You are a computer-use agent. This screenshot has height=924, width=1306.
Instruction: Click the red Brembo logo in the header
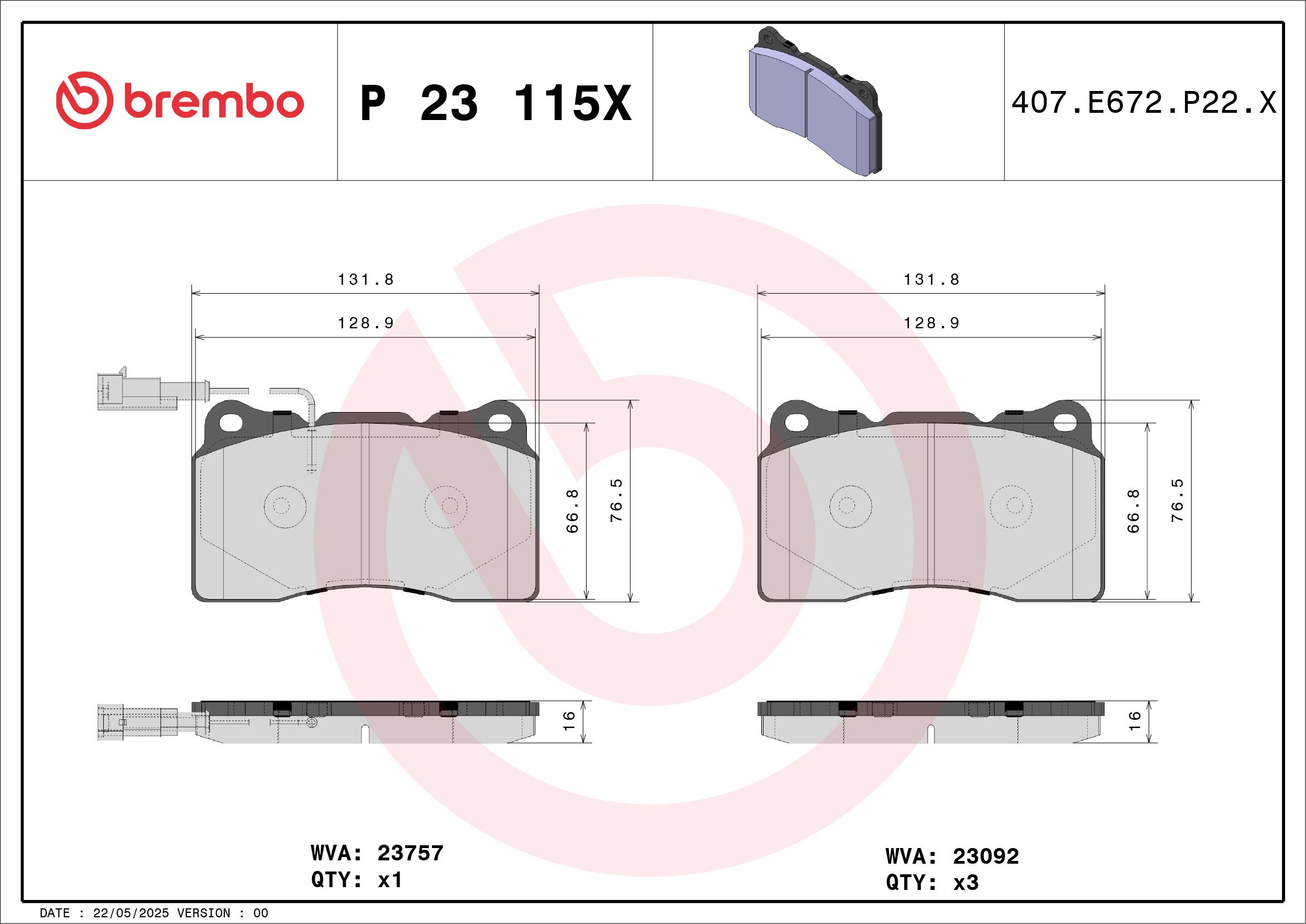coord(180,100)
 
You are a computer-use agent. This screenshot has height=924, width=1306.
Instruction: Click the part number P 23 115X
coord(496,103)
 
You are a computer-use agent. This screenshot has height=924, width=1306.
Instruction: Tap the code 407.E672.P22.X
coord(1144,103)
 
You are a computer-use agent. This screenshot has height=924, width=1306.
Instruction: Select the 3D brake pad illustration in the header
coord(814,100)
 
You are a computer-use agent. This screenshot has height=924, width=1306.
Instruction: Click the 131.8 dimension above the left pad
coord(366,279)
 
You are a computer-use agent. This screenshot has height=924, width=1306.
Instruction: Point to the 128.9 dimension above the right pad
coord(932,323)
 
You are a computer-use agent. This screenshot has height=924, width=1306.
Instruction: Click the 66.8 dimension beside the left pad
coord(572,510)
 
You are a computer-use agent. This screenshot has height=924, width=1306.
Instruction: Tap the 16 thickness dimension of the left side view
coord(569,721)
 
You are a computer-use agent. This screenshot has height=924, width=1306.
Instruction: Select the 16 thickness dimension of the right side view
coord(1134,721)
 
